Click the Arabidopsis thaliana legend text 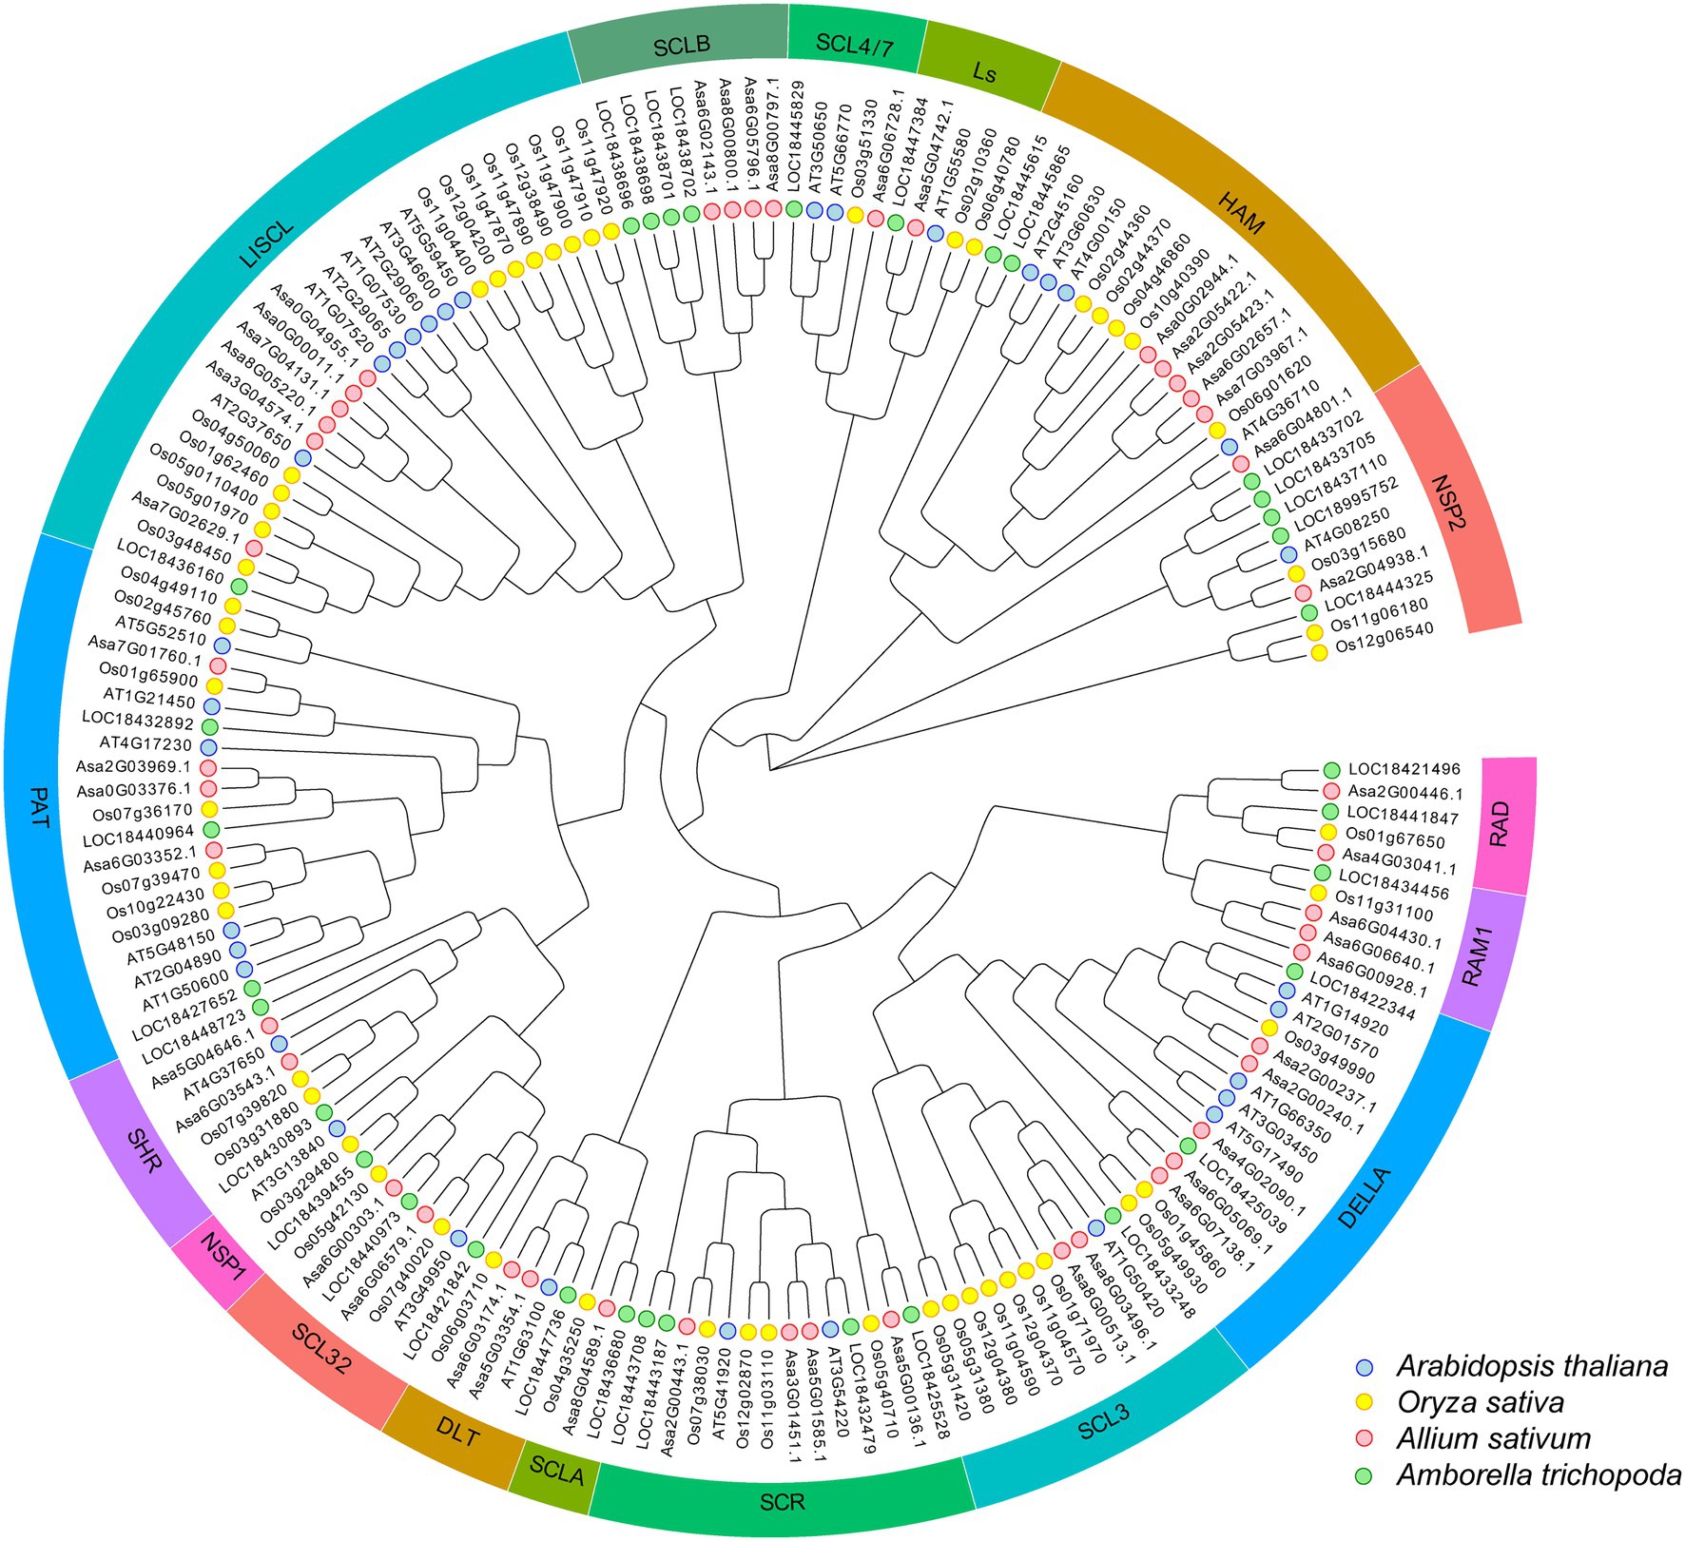pos(1532,1367)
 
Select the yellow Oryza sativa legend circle pos(1365,1403)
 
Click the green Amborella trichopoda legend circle pos(1365,1475)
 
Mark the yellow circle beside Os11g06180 pos(1315,632)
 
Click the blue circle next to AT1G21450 pos(211,706)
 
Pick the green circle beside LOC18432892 pos(209,727)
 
